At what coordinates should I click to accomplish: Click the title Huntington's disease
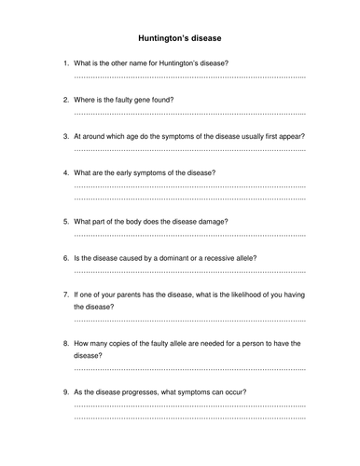point(180,38)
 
